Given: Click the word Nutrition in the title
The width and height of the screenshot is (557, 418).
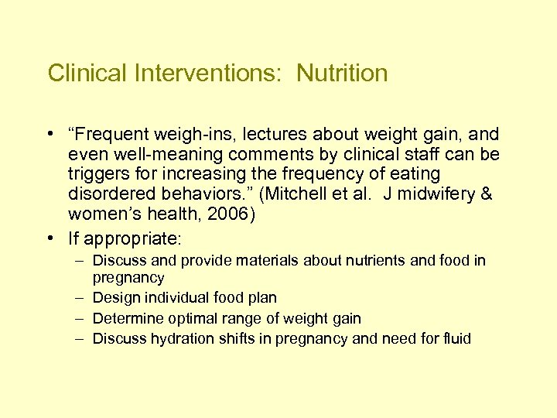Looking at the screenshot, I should click(342, 74).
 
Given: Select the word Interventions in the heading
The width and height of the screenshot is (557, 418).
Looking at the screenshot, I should click(210, 74).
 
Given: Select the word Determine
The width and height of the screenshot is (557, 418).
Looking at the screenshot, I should click(125, 318).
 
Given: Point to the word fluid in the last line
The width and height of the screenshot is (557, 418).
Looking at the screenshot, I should click(456, 338).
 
